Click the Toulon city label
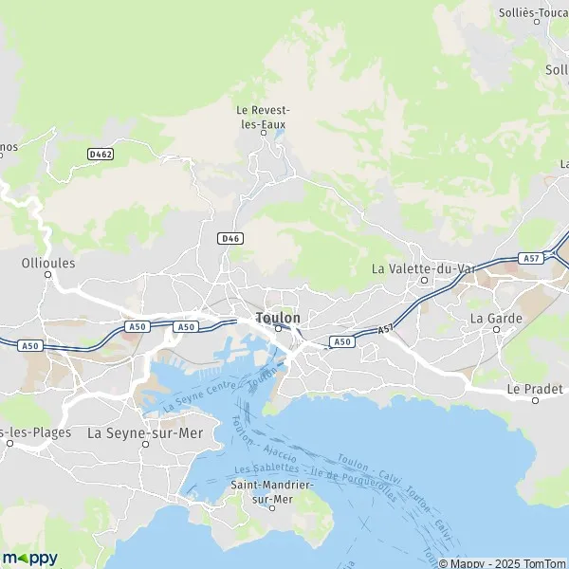pos(278,318)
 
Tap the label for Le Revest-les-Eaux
pos(262,117)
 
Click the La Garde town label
pos(496,318)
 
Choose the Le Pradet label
pos(535,389)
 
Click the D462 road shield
pos(101,153)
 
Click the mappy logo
pos(30,558)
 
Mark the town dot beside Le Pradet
pos(535,400)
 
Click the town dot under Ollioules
pos(47,275)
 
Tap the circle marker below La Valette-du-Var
pos(425,281)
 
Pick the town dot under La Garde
pos(495,330)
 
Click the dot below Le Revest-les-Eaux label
pos(265,133)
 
